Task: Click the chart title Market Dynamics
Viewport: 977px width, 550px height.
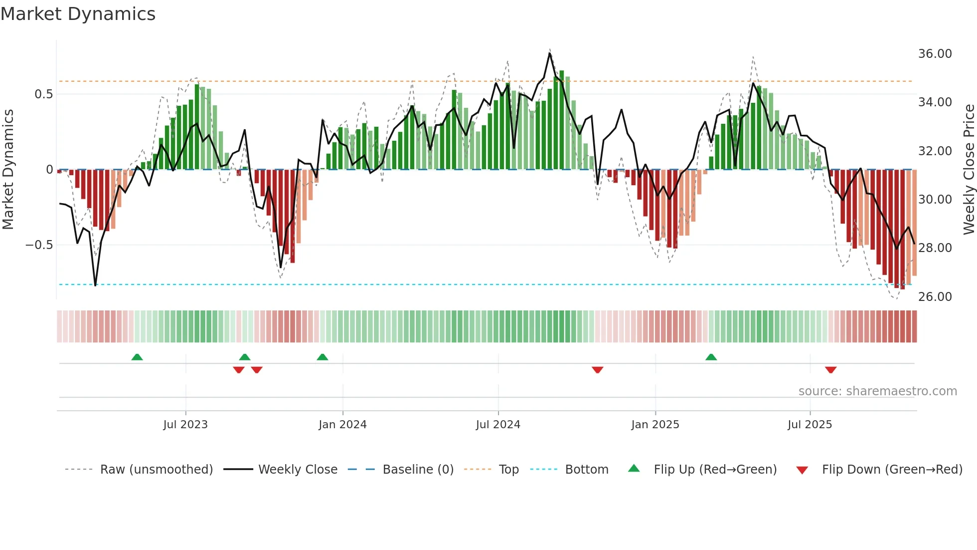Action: pyautogui.click(x=78, y=14)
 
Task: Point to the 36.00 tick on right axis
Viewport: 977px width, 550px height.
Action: pyautogui.click(x=935, y=54)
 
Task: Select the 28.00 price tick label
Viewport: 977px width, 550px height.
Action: pyautogui.click(x=935, y=248)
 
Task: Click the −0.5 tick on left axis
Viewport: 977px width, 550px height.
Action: pyautogui.click(x=39, y=245)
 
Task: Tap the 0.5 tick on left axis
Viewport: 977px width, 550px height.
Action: pyautogui.click(x=43, y=94)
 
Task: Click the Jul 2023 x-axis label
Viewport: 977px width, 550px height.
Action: pyautogui.click(x=185, y=425)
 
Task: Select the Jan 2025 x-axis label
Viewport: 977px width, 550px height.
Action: pyautogui.click(x=654, y=425)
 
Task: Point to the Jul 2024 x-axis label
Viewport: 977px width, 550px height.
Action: pyautogui.click(x=497, y=425)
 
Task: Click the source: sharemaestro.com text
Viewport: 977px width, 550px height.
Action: pyautogui.click(x=877, y=391)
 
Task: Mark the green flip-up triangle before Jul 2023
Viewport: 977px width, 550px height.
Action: pyautogui.click(x=137, y=357)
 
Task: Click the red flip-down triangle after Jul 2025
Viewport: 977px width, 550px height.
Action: pyautogui.click(x=830, y=370)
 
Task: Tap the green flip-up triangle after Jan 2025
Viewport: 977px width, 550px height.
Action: pyautogui.click(x=711, y=357)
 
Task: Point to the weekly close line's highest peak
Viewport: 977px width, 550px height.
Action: pyautogui.click(x=550, y=53)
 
